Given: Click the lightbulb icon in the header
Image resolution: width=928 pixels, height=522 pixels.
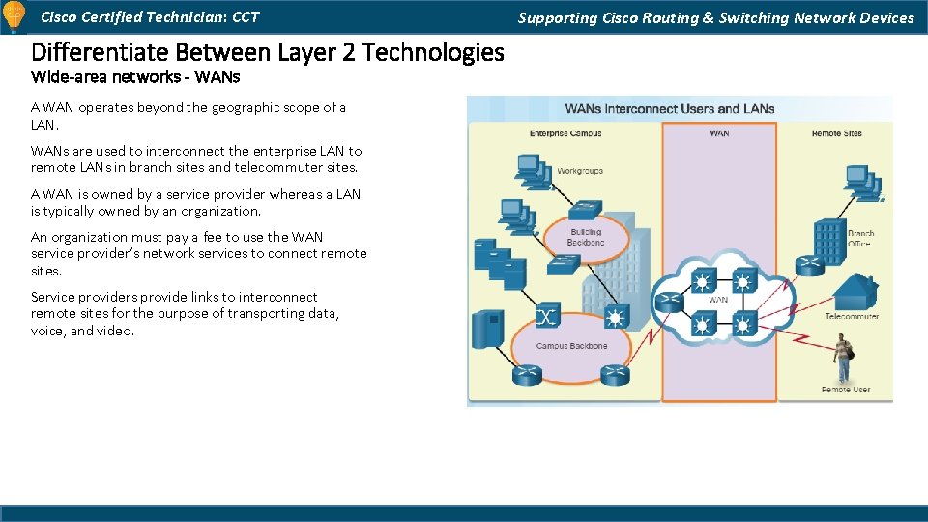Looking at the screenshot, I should (14, 16).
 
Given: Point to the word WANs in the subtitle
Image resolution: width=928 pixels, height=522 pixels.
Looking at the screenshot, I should (219, 76).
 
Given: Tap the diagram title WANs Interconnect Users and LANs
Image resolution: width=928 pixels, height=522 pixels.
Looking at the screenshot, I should (669, 109).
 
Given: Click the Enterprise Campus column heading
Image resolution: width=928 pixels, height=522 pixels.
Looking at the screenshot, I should (565, 133).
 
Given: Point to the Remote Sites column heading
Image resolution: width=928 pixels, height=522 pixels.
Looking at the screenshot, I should (836, 133).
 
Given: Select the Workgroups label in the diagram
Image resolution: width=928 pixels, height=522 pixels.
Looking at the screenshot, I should (579, 171).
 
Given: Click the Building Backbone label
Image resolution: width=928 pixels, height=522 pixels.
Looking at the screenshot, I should (585, 237).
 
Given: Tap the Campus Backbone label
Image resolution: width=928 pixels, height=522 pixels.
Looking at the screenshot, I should (572, 345).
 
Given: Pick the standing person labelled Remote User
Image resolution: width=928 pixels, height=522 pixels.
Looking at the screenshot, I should (844, 358).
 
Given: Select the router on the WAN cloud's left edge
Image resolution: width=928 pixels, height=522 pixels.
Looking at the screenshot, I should (668, 302).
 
